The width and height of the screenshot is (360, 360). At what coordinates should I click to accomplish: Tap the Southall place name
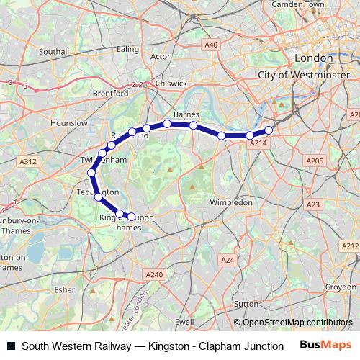[54, 52]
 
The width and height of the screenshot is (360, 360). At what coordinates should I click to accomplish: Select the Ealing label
[127, 49]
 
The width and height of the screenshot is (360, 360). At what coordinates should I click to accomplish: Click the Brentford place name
[110, 93]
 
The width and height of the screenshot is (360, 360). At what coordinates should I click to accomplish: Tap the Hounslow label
[69, 123]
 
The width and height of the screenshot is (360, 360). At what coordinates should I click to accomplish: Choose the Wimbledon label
[230, 203]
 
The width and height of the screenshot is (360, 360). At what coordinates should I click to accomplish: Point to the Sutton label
[247, 305]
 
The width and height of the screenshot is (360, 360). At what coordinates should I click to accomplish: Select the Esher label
[65, 290]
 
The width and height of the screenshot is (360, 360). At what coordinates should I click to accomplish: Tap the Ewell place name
[184, 322]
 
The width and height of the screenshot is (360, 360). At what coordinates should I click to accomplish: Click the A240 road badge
[155, 274]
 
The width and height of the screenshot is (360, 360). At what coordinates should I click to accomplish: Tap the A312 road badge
[28, 162]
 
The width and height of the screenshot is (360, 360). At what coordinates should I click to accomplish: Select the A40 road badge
[211, 45]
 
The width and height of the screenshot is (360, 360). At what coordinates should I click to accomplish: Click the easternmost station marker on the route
[269, 130]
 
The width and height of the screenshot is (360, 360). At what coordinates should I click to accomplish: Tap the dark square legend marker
[11, 346]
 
